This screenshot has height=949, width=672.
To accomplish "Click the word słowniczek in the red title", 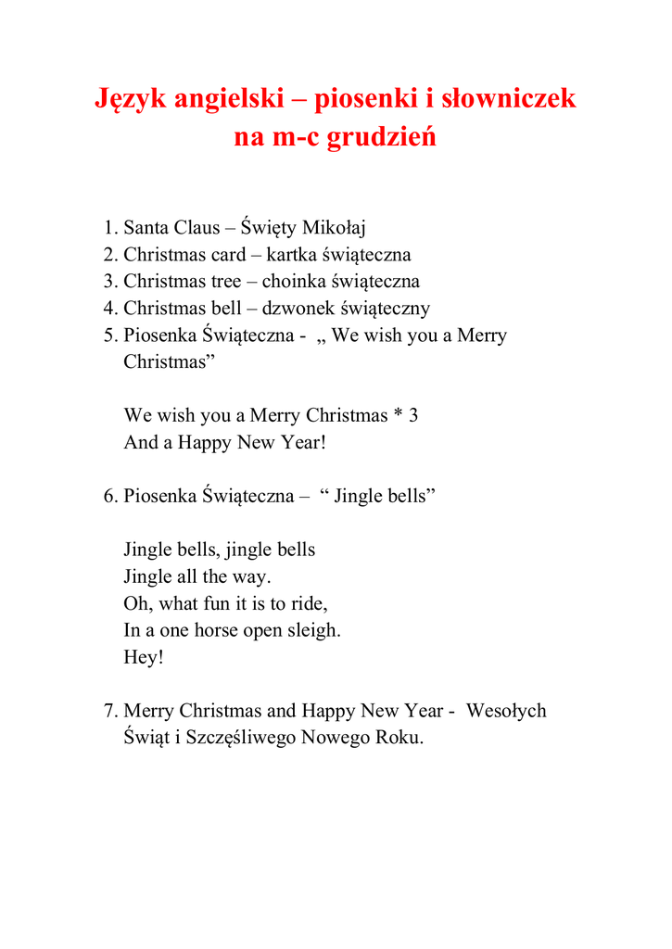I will pos(507,98).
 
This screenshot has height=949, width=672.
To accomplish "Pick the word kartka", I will pos(292,255).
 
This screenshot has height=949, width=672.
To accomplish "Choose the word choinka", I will pos(295,282).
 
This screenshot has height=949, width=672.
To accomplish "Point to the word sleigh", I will pos(316,631).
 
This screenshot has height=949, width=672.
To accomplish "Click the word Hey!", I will pos(143,658).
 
